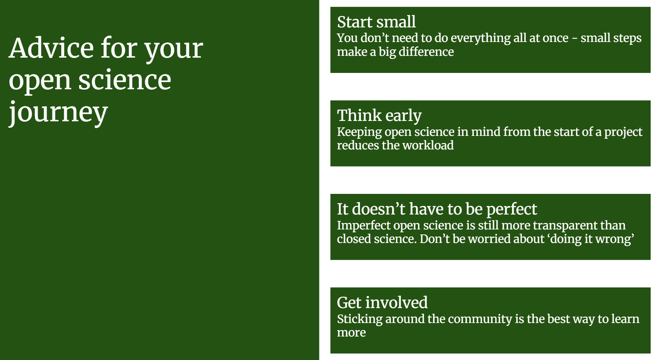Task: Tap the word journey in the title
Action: pos(58,112)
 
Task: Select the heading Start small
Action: pos(376,22)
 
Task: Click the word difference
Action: pos(426,52)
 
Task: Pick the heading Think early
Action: pos(379,116)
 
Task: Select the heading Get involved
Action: pos(382,303)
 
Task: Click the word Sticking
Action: pos(359,319)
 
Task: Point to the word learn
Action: pos(625,319)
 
